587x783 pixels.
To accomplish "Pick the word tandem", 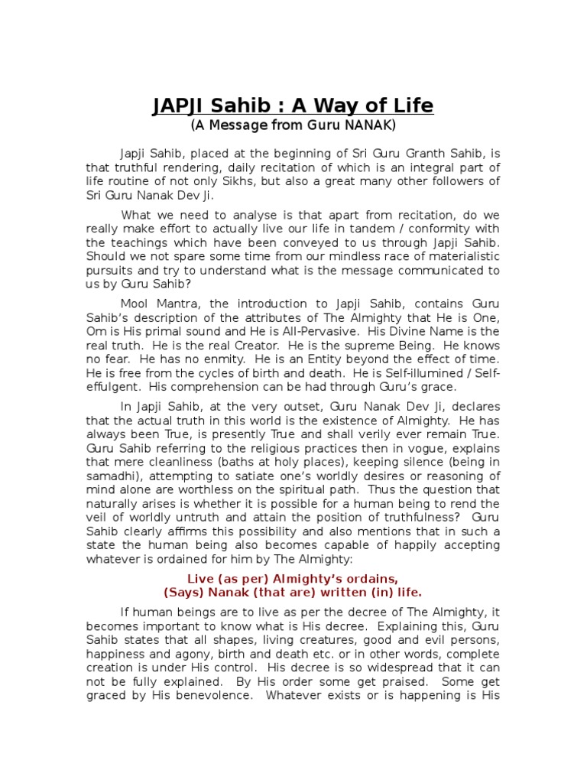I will point(370,229).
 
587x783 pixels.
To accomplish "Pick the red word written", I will point(323,592).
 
